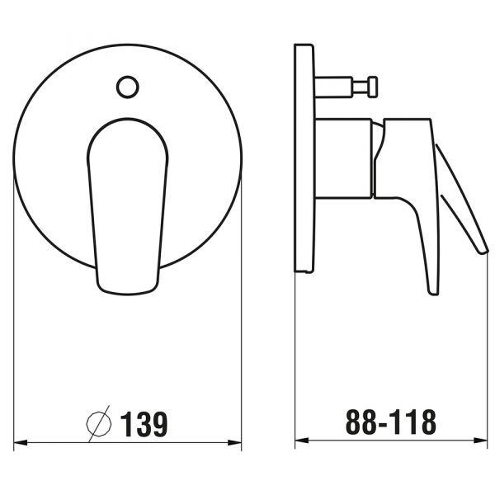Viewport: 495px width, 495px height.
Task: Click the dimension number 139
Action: (x=144, y=424)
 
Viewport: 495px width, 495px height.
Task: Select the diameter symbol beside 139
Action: (x=99, y=424)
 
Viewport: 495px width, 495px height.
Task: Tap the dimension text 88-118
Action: (x=391, y=422)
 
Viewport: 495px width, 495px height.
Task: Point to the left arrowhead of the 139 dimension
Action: (x=21, y=442)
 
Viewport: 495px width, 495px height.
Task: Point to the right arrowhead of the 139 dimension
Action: (x=234, y=442)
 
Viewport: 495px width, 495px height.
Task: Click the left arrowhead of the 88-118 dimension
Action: (x=302, y=441)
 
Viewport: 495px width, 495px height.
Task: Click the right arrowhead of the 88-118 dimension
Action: (x=481, y=441)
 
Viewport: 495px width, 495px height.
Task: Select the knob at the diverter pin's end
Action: (x=373, y=86)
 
